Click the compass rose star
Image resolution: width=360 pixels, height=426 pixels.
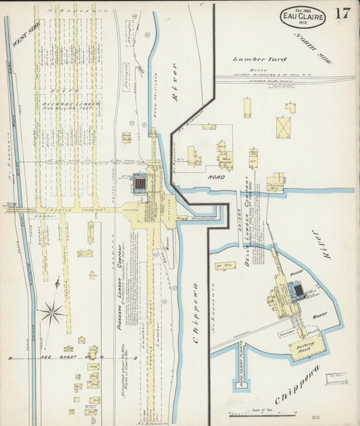[51, 312]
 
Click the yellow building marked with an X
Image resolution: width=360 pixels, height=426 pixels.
[283, 127]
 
